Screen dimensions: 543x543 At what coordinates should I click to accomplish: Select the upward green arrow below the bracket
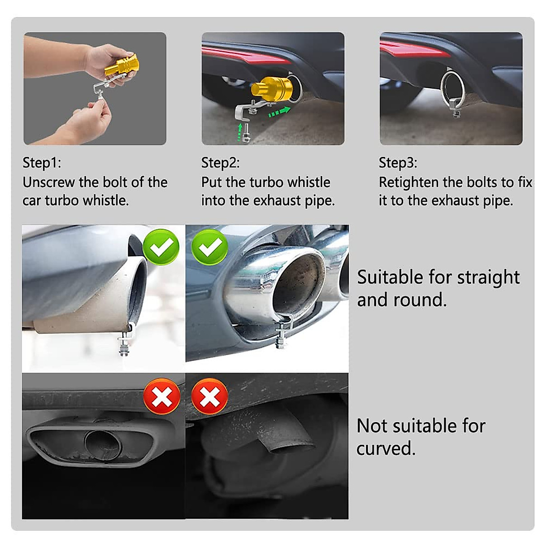(239, 133)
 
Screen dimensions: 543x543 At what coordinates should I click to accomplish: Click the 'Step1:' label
(42, 162)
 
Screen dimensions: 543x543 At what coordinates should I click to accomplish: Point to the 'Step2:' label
(220, 162)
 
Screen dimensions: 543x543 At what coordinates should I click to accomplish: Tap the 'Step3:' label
(398, 162)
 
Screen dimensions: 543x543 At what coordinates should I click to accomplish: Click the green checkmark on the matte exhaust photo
(161, 247)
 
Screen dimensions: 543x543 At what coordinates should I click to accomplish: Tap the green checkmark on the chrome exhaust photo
(210, 247)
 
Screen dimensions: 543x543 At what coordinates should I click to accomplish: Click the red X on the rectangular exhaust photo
(162, 397)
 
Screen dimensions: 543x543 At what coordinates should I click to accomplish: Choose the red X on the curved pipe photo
(210, 397)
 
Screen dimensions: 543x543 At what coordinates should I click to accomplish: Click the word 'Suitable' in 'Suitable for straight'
(386, 277)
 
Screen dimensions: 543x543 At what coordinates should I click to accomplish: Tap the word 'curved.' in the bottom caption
(386, 448)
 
